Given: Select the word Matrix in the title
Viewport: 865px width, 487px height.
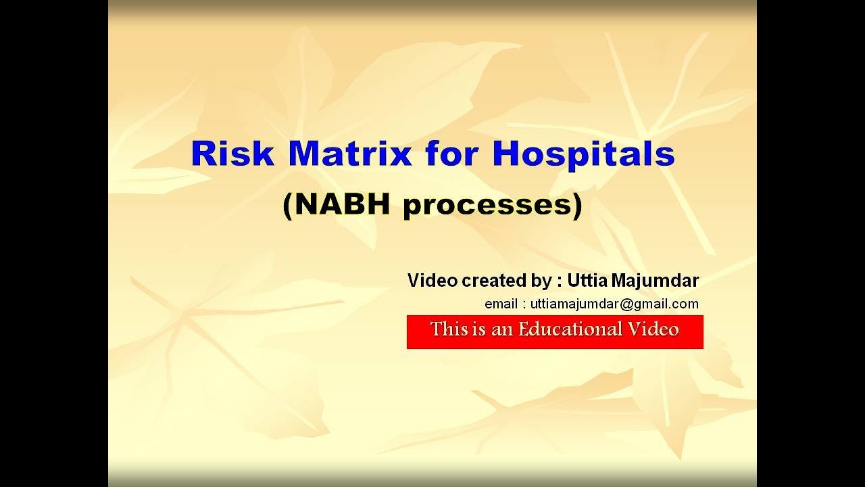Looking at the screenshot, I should coord(350,154).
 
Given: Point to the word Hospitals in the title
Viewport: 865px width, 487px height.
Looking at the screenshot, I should coord(583,155).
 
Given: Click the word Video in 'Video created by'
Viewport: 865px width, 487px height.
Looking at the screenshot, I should coord(432,280).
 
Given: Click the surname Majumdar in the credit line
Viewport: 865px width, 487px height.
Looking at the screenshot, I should coord(660,280).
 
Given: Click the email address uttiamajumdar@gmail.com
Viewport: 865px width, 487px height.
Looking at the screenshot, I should coord(614,304).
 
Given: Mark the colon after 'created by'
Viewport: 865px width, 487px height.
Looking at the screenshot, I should coord(560,281).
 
